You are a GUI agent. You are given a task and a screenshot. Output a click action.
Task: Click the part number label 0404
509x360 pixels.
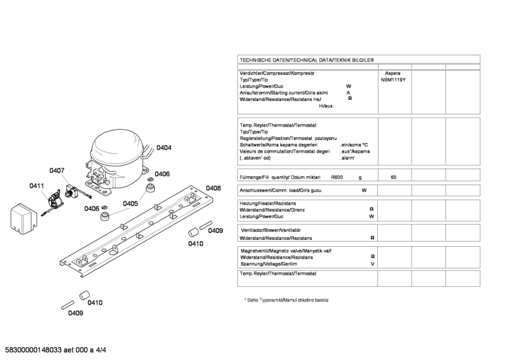[x=164, y=148]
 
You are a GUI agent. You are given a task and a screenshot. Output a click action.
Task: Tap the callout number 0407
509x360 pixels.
[x=57, y=170]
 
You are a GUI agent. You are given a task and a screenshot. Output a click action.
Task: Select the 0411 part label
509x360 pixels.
[x=36, y=186]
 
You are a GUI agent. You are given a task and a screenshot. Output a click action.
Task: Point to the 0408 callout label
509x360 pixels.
[x=213, y=188]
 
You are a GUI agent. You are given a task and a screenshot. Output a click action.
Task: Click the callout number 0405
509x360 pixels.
[x=130, y=204]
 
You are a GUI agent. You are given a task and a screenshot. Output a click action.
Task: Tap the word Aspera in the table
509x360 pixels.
[x=393, y=74]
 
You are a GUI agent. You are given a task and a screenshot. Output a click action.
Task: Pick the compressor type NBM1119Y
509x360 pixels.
[x=393, y=80]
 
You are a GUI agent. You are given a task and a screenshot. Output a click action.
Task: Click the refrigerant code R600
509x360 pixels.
[x=337, y=177]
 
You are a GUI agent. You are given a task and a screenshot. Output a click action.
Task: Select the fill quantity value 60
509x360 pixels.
[x=393, y=177]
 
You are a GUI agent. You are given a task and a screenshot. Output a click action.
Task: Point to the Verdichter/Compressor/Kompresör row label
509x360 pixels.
[x=277, y=74]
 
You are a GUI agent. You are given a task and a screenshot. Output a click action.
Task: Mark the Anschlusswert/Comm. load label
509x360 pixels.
[x=282, y=190]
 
